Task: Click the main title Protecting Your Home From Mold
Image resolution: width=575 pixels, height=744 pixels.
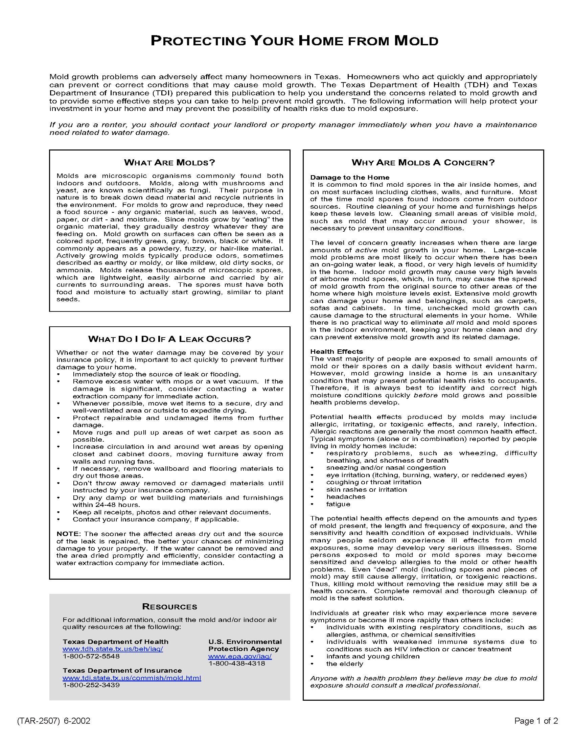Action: pos(294,41)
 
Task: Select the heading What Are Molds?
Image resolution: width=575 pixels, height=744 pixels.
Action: pos(169,162)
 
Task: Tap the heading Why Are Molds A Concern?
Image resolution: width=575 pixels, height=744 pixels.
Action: pos(423,162)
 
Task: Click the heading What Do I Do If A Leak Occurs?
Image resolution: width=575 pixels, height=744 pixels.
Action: pos(169,339)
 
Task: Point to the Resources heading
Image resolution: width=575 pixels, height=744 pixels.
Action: pos(169,607)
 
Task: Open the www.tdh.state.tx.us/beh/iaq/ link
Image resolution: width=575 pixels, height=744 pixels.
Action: pos(113,649)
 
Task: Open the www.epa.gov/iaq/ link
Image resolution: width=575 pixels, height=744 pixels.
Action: pos(240,656)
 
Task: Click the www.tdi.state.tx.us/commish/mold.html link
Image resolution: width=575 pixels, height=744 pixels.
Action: pos(132,678)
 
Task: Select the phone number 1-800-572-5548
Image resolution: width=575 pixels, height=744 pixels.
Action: pos(91,656)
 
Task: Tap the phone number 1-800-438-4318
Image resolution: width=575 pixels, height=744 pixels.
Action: pos(236,663)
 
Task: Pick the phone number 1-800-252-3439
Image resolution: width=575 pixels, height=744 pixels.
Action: pos(91,685)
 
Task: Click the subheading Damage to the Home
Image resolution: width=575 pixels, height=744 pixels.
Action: pos(349,177)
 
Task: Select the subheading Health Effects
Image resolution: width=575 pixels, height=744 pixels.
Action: pos(336,352)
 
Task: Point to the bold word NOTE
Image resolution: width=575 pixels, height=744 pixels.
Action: pos(68,534)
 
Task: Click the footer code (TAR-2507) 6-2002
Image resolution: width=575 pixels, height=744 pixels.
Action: pos(53,721)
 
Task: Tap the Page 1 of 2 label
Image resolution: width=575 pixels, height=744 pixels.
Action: pos(536,721)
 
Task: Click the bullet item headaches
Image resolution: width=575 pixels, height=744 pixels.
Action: pos(345,497)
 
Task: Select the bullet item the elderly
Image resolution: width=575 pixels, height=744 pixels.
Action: pos(344,664)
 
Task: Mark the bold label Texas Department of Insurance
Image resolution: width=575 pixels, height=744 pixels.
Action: pos(122,670)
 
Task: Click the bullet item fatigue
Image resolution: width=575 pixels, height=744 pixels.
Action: pos(338,504)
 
